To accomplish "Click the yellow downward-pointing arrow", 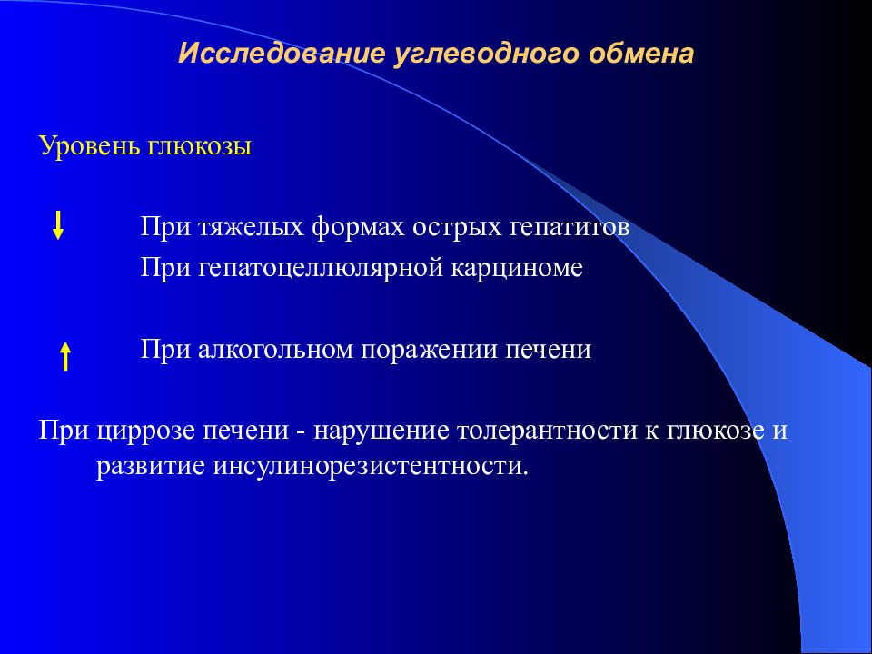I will click(58, 224).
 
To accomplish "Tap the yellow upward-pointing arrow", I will click(65, 355).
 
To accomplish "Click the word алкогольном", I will click(279, 350).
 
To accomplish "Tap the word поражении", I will click(433, 350).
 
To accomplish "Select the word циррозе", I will click(136, 430).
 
